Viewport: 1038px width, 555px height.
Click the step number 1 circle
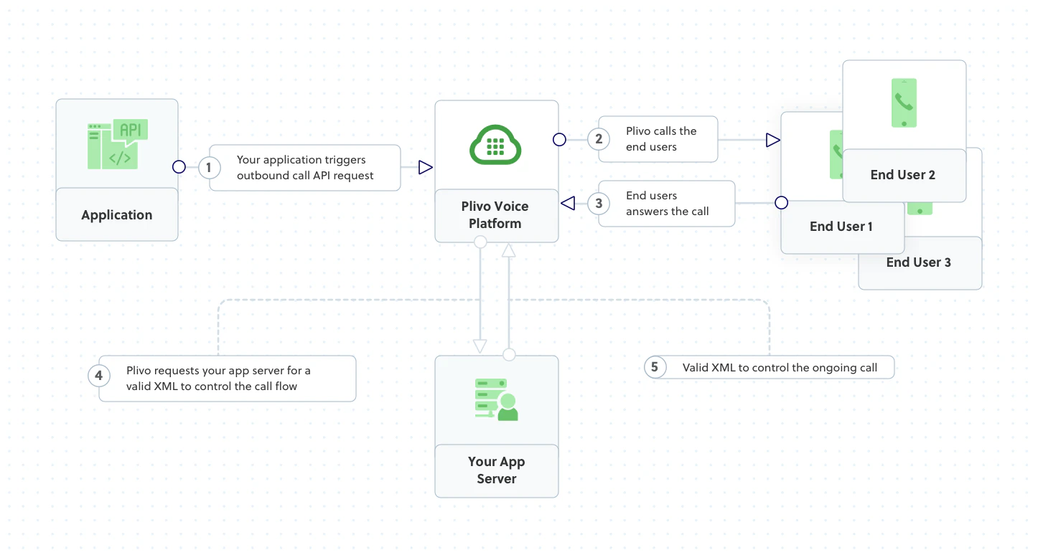209,168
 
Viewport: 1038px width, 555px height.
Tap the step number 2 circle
599,139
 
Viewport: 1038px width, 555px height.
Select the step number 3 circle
599,204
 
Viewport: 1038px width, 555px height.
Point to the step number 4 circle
99,375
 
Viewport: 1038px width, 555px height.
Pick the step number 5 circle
654,367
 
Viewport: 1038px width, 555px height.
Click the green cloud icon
495,145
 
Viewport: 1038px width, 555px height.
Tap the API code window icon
118,144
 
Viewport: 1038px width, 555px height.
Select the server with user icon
496,400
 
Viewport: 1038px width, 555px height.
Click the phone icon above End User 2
904,103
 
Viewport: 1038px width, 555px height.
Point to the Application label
117,215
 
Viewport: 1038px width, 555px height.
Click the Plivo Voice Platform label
495,215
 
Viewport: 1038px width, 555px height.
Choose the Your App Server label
497,470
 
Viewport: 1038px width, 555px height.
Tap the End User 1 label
841,227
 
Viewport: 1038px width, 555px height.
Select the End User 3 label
919,262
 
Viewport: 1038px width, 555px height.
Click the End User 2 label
903,175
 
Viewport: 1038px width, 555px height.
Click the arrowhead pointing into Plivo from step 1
425,168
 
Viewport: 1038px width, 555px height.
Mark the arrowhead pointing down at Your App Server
480,346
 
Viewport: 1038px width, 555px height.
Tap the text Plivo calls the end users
661,139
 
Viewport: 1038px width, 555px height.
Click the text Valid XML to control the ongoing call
780,368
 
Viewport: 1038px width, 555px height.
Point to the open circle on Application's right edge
179,167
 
